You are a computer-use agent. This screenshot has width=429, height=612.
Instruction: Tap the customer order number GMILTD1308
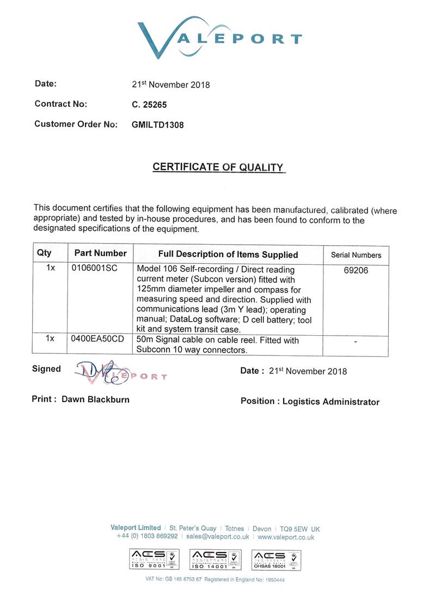[x=158, y=125]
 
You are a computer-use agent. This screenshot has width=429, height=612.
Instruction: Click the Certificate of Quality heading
[x=218, y=168]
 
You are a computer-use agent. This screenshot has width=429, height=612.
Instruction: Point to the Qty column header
[x=44, y=253]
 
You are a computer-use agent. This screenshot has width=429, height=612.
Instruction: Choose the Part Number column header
[x=101, y=253]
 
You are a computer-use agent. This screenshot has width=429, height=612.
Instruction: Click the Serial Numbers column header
[x=356, y=255]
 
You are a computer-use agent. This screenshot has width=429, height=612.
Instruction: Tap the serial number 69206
[x=356, y=270]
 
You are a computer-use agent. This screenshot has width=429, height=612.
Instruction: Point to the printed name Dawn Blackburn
[x=95, y=399]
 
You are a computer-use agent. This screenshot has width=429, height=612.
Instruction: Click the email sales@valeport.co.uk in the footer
[x=217, y=537]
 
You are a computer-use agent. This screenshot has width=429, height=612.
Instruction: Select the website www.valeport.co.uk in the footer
[x=286, y=537]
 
